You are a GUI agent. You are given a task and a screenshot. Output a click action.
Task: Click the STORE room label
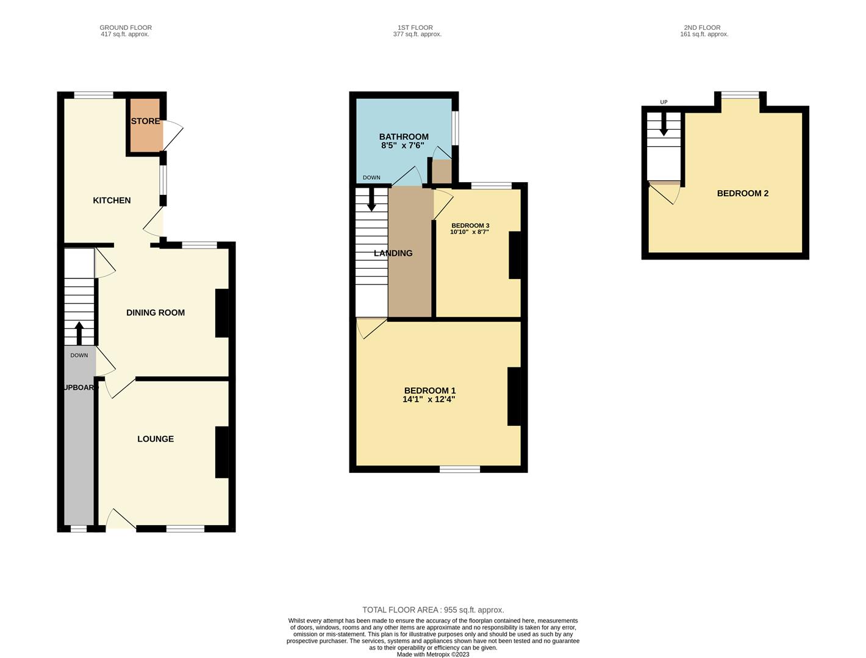145,121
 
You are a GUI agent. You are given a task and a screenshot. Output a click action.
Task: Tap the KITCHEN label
112,200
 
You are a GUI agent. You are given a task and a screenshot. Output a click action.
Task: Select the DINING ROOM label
156,313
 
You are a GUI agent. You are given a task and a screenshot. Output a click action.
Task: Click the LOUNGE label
156,439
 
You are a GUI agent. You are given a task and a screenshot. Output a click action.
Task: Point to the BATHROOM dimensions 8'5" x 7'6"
403,146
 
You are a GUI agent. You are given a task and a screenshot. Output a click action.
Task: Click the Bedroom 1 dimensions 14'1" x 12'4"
429,400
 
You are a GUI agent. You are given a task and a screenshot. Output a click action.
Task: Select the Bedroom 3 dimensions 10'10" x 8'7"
470,232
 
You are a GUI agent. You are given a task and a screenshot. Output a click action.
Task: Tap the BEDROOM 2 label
742,193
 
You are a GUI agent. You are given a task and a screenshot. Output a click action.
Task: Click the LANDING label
393,253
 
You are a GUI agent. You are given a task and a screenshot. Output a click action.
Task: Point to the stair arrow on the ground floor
79,333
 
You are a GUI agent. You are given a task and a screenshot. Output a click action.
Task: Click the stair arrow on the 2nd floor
664,127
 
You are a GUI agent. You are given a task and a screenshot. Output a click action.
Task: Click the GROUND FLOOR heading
126,27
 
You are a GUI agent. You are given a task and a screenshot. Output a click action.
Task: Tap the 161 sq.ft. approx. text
704,35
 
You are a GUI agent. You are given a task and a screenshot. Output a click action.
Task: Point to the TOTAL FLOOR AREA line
433,610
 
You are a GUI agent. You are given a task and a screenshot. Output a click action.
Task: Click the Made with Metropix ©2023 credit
433,654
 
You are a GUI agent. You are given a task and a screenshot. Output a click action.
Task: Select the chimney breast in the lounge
222,452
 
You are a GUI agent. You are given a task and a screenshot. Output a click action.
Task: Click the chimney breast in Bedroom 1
514,396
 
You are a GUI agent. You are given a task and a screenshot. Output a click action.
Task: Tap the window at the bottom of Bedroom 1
460,469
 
